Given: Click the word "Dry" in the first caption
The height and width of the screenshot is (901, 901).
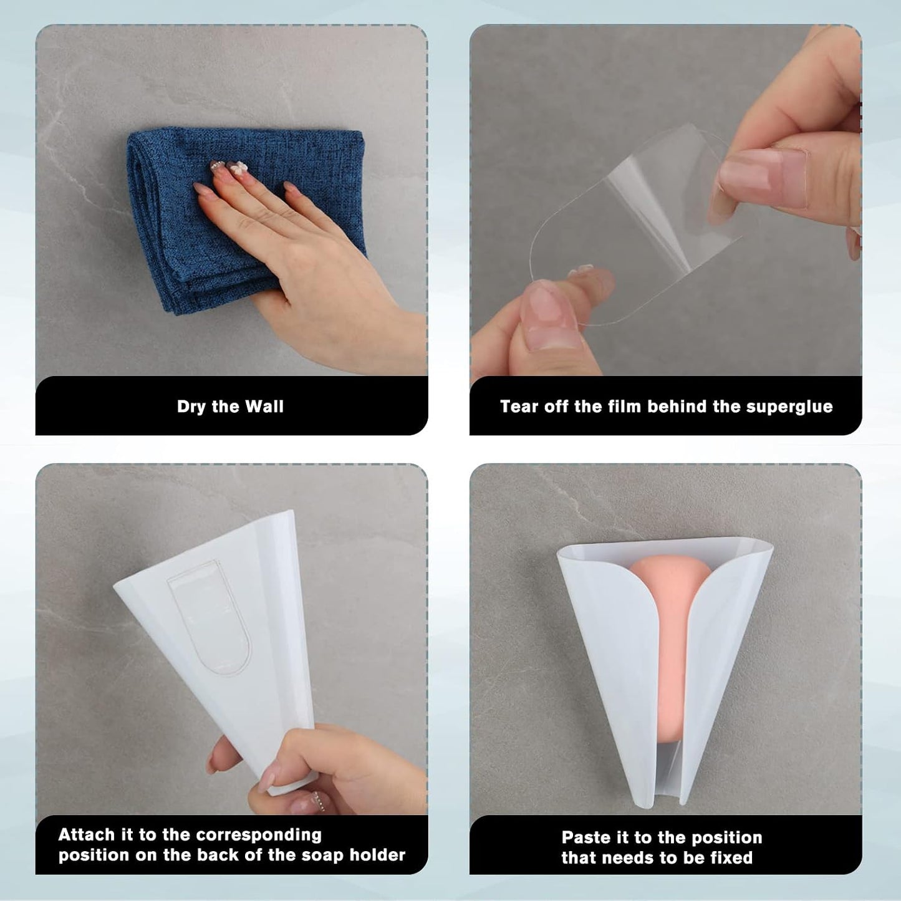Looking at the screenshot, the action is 191,407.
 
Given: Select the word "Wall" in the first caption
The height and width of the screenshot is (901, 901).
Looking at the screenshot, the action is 264,407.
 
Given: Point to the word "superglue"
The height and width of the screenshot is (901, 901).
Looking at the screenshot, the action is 789,407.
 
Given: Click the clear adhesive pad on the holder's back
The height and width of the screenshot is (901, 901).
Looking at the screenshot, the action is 210,617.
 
